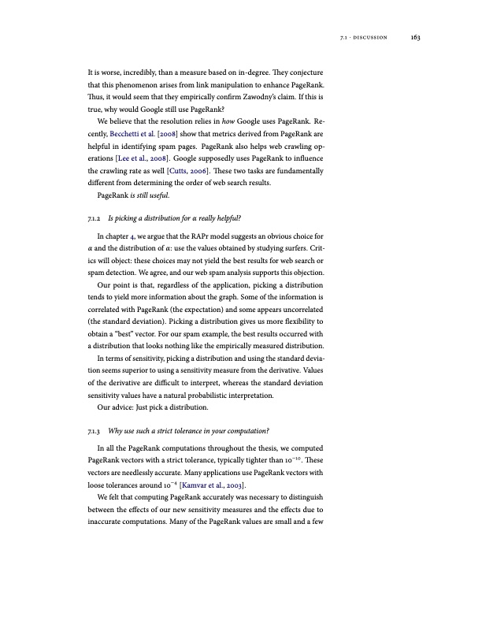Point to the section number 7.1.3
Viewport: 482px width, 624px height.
click(x=95, y=431)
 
